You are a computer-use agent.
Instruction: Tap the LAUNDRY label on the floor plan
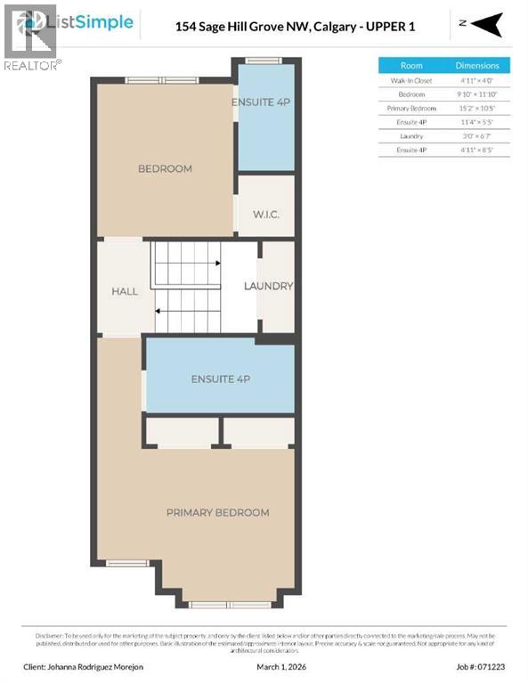[269, 286]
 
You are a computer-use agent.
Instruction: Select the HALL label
[125, 291]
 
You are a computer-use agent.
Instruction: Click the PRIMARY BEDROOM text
[217, 512]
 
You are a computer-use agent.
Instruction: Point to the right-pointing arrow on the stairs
[216, 264]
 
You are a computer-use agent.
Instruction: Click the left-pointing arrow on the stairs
[158, 311]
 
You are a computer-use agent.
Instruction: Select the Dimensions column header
[477, 65]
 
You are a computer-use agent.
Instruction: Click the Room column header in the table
[411, 65]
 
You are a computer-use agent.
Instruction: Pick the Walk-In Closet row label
[411, 80]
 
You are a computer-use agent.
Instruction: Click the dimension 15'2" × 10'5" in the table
[477, 109]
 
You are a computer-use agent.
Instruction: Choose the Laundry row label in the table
[411, 136]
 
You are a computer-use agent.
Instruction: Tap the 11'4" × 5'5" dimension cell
[477, 122]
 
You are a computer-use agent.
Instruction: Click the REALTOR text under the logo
[33, 65]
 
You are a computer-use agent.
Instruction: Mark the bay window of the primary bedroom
[217, 604]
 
